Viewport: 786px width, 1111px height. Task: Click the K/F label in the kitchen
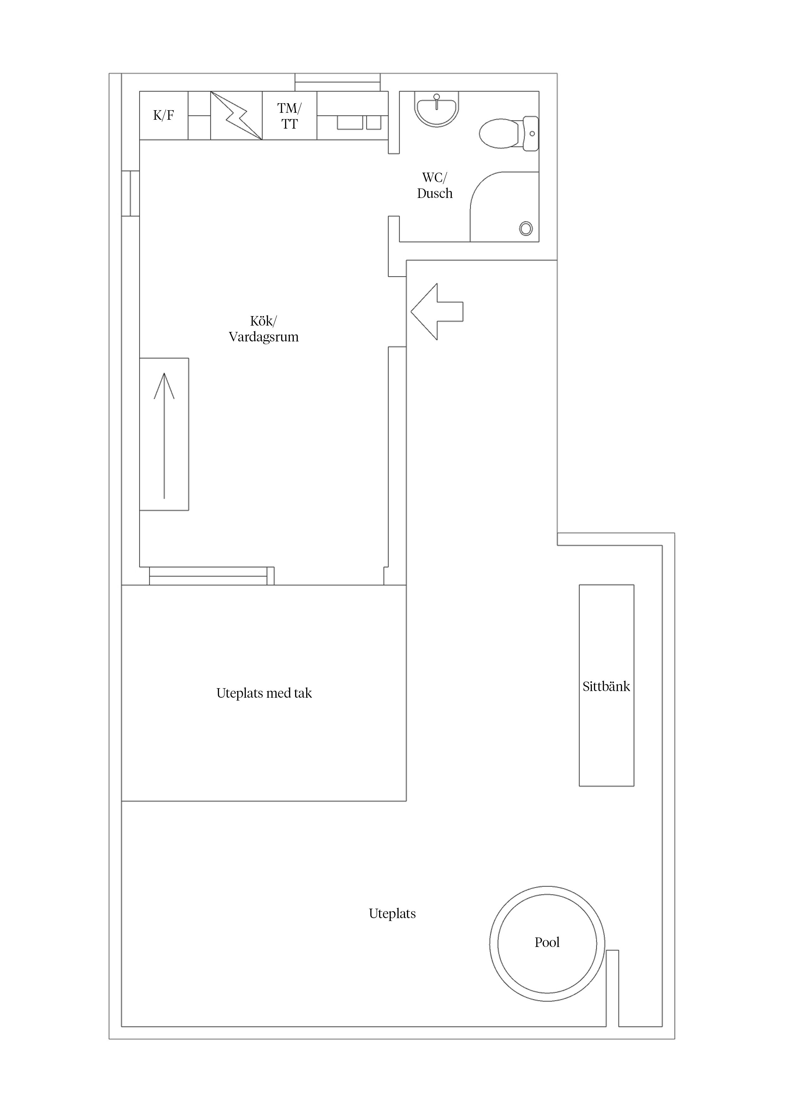coord(163,115)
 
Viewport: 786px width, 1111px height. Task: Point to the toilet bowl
coord(499,134)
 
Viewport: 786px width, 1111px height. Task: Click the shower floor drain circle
coord(525,228)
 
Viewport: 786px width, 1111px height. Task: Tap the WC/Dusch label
coord(435,185)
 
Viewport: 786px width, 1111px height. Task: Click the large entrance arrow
coord(436,312)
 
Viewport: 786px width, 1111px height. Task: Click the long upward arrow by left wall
coord(164,435)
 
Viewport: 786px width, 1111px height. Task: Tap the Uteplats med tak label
coord(264,693)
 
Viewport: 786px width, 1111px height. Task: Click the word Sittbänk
coord(606,687)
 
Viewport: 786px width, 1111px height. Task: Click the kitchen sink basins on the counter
coord(358,123)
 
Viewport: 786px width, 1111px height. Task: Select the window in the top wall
coord(338,82)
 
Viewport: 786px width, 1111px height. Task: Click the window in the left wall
coord(130,193)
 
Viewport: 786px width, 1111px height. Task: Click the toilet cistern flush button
coord(532,134)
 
